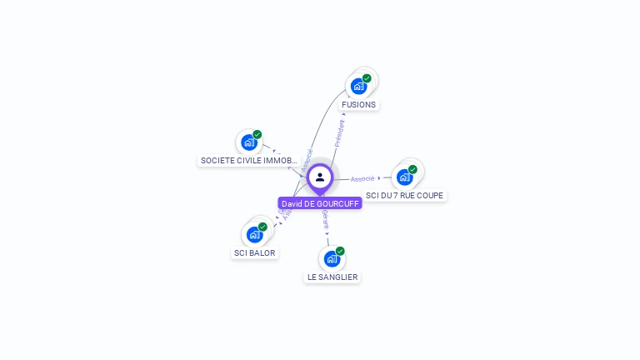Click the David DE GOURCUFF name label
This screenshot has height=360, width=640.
pos(320,203)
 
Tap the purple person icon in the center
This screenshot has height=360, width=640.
pos(320,177)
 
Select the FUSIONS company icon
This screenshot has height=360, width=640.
pos(358,86)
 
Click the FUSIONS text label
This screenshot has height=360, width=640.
pos(358,105)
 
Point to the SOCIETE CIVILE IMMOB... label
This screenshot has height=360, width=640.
pos(248,160)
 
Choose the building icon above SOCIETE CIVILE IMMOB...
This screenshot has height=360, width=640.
pos(248,142)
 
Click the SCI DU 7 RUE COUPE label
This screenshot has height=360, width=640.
pos(405,195)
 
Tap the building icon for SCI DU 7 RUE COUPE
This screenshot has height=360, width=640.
pos(404,177)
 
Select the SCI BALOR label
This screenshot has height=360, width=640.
pos(254,252)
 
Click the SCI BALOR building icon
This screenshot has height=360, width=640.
pos(253,234)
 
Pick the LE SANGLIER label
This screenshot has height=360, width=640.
pos(332,277)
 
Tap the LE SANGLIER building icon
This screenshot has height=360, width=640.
pos(332,258)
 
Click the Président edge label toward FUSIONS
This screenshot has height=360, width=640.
pos(339,133)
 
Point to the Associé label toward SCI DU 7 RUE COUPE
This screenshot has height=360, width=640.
pos(362,178)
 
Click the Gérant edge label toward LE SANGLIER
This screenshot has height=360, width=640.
pos(325,219)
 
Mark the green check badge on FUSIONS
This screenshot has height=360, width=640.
pos(367,78)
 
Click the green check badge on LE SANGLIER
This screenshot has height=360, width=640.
pos(340,251)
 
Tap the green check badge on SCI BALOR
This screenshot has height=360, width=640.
pos(262,227)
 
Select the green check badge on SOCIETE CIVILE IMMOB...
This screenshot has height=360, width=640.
pos(257,135)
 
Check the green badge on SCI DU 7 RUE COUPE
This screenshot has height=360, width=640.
pos(412,169)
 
